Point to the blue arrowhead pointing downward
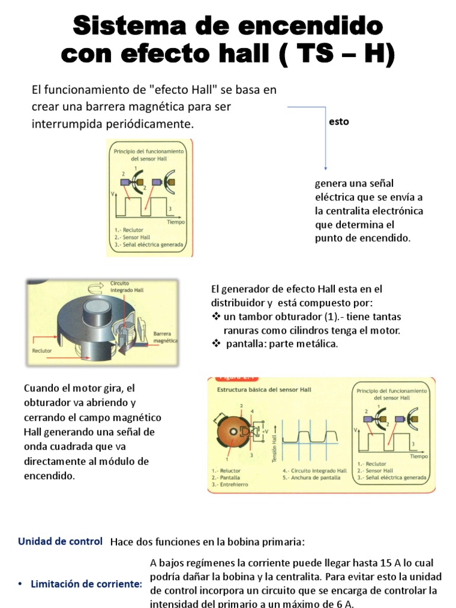tap(325, 168)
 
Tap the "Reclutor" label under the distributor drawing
tap(43, 351)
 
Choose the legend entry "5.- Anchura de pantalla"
tap(308, 476)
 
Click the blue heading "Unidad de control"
tap(60, 541)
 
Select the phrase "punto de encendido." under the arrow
tap(362, 237)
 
